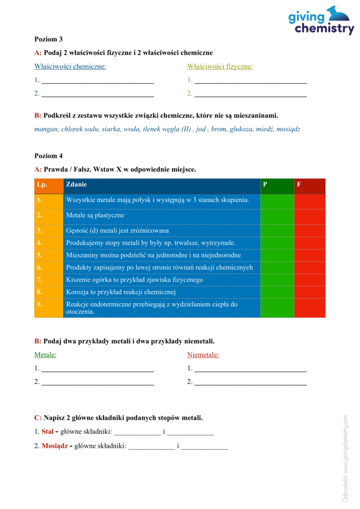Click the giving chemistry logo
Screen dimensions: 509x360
pos(321,21)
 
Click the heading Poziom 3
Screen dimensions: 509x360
pos(48,39)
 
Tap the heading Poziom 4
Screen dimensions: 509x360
pos(48,156)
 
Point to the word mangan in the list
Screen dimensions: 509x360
pos(46,129)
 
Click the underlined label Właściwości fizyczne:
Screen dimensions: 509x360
pos(220,66)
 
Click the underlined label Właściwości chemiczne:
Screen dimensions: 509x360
pos(70,66)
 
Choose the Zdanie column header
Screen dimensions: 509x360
pos(76,184)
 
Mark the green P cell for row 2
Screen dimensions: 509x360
pos(277,216)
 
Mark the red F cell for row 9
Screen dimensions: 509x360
pos(309,308)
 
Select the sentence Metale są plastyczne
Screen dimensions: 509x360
pos(95,216)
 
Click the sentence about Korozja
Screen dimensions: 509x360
pos(121,292)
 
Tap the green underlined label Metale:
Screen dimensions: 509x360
pos(45,355)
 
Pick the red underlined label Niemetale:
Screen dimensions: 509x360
pos(203,355)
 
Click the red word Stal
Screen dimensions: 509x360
pos(47,431)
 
